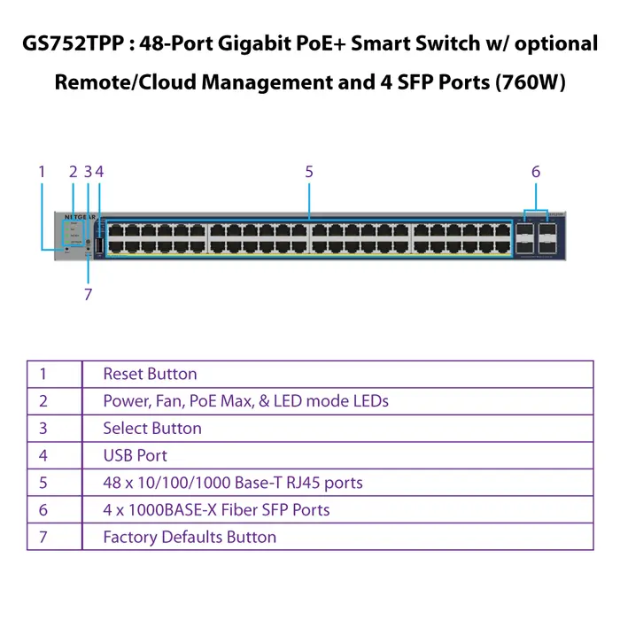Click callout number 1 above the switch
point(42,172)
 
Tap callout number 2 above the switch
point(73,172)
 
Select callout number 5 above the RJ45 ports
point(309,172)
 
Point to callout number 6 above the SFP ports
point(536,172)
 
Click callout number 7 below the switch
point(88,295)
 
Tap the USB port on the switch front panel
point(98,244)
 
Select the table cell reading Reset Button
point(150,374)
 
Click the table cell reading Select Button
point(152,429)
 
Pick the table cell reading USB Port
point(135,455)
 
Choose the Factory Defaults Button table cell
point(190,537)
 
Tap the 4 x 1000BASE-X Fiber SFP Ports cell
point(216,510)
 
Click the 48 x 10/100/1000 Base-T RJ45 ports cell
point(233,483)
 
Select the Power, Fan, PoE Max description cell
point(245,401)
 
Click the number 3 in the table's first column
point(43,429)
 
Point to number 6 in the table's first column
point(43,510)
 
